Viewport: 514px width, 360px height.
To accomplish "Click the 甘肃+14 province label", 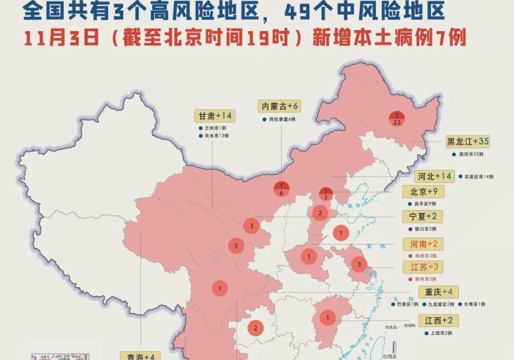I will coord(214,116).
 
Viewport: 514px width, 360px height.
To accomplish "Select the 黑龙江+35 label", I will coord(468,141).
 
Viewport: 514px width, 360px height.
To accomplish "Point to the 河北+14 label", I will coord(435,176).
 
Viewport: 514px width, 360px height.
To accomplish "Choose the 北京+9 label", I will coord(424,192).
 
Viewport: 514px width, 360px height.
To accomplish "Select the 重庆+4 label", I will coord(439,292).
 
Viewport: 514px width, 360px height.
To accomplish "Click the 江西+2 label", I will coord(439,320).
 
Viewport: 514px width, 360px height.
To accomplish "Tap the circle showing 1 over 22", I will coord(397,119).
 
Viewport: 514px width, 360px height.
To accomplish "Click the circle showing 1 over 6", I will coord(282,189).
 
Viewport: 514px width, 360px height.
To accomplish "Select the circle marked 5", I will coord(236,246).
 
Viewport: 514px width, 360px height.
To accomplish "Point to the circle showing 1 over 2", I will coord(325,195).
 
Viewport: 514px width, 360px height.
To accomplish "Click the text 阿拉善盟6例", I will coord(282,119).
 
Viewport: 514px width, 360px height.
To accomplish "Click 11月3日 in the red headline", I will coord(50,38).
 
